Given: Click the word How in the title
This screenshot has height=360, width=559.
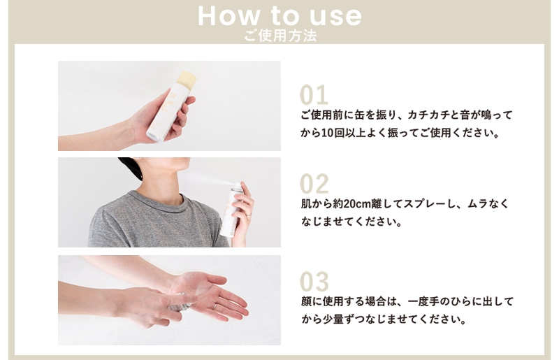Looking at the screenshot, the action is (x=229, y=16).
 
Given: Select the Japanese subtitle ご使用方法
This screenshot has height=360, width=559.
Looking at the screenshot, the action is (x=281, y=36).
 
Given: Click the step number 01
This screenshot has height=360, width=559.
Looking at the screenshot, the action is (x=314, y=95).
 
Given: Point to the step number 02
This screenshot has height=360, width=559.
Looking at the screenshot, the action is (x=314, y=184).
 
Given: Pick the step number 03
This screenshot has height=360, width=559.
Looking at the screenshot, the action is (x=314, y=282).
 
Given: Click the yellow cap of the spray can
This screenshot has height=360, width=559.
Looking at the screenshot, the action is (x=187, y=78).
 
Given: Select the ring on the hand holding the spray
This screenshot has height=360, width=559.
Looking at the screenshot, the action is (x=249, y=215).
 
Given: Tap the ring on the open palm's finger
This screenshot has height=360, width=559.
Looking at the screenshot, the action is (x=215, y=306).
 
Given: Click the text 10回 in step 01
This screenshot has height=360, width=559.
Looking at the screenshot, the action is (x=333, y=133).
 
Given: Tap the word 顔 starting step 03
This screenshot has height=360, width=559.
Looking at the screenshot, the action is (x=306, y=301).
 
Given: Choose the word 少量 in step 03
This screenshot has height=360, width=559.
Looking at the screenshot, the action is (x=333, y=319).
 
